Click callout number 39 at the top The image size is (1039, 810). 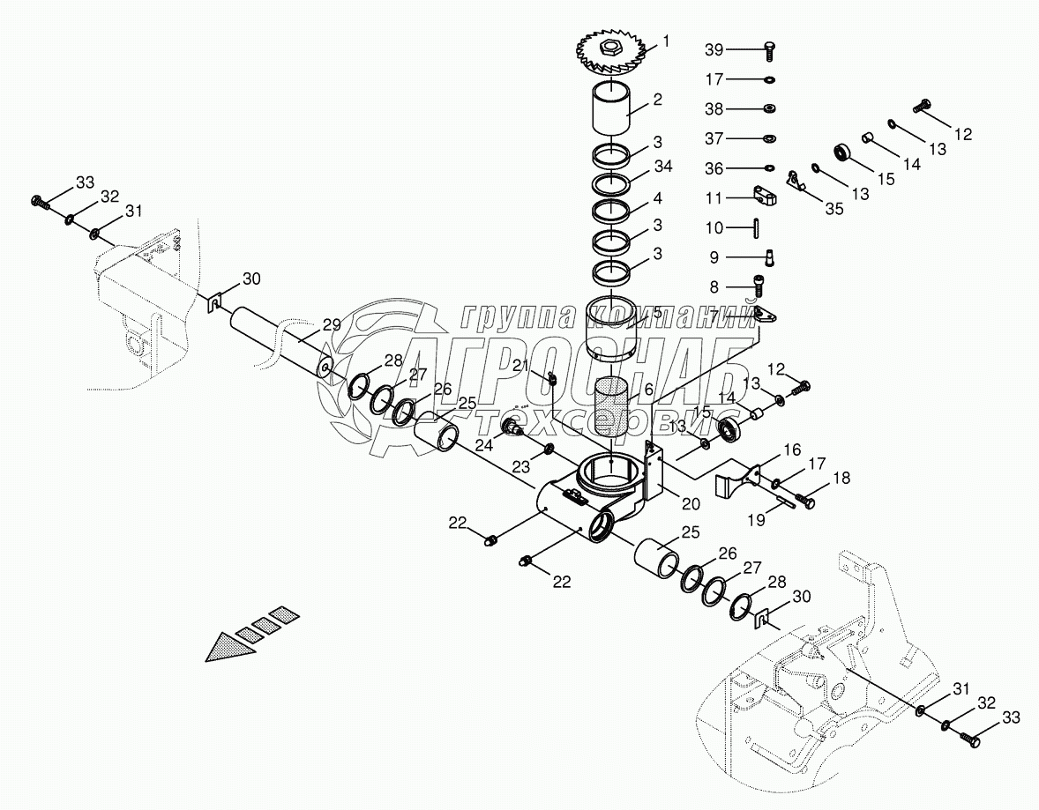[713, 51]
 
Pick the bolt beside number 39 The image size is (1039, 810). [768, 51]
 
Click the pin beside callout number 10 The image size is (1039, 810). [757, 227]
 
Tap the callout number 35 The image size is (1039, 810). [833, 209]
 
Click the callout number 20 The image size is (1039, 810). [691, 503]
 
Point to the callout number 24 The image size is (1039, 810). [484, 446]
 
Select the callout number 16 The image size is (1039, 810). [767, 450]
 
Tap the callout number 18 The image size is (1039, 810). [841, 477]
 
